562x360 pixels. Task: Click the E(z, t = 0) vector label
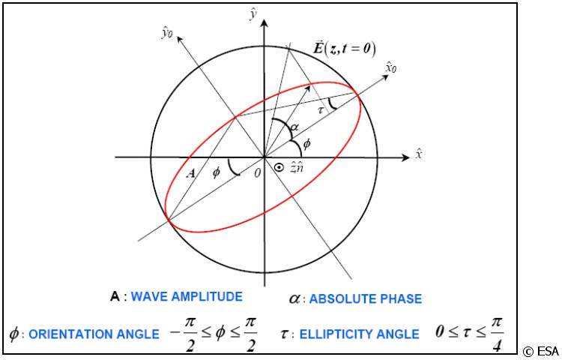pyautogui.click(x=344, y=51)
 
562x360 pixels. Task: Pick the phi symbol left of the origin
pyautogui.click(x=216, y=172)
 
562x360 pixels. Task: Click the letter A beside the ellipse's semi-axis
pyautogui.click(x=192, y=172)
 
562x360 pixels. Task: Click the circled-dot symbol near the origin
pyautogui.click(x=280, y=169)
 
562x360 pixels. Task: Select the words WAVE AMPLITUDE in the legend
pyautogui.click(x=187, y=297)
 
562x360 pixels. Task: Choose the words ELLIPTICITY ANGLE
pyautogui.click(x=360, y=334)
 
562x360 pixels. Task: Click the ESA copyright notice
pyautogui.click(x=540, y=350)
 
